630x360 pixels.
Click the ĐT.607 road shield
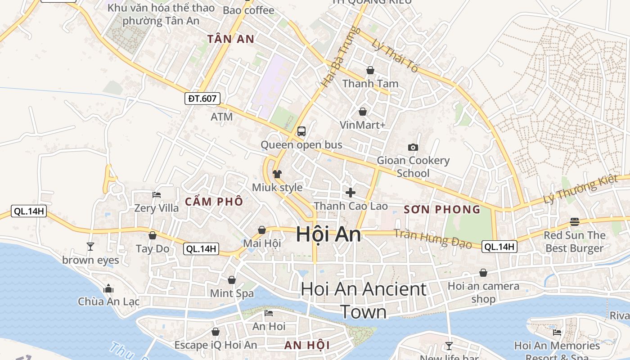[x=202, y=99]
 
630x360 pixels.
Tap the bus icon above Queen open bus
[x=301, y=131]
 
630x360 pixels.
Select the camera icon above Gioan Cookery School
[x=413, y=147]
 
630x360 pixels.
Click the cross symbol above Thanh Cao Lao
[x=351, y=193]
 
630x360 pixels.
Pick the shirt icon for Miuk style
[x=277, y=174]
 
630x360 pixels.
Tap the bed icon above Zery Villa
[x=157, y=195]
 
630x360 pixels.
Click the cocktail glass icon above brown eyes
[x=90, y=246]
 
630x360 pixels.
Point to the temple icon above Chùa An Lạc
[x=108, y=288]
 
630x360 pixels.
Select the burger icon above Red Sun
[x=574, y=222]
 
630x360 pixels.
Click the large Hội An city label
[x=328, y=234]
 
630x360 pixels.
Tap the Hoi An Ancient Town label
[x=363, y=300]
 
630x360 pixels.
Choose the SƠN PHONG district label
[x=442, y=209]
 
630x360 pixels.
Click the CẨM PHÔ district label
[x=214, y=201]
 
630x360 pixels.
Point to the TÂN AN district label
[x=231, y=39]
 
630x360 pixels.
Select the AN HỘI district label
[x=307, y=346]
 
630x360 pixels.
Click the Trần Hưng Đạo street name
[x=432, y=238]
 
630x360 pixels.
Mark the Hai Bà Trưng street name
[x=336, y=57]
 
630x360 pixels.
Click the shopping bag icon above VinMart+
[x=363, y=112]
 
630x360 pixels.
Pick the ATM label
[x=222, y=117]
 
